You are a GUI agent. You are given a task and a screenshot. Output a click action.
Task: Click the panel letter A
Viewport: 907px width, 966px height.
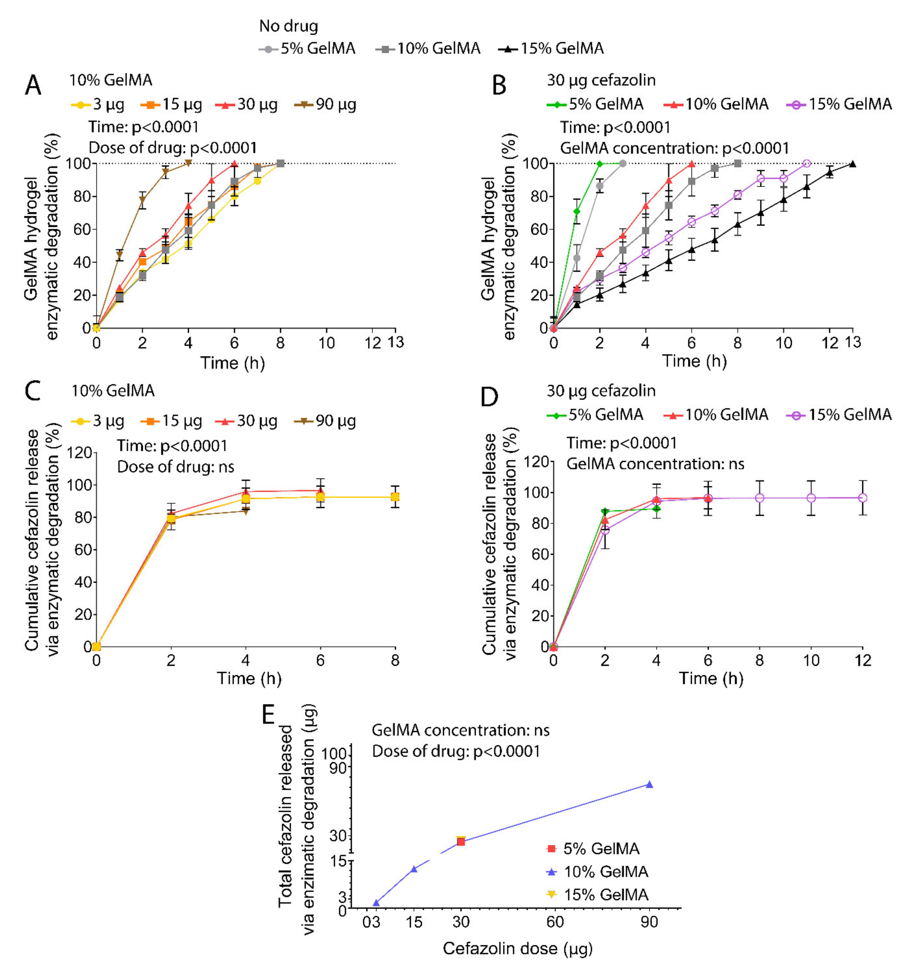33,86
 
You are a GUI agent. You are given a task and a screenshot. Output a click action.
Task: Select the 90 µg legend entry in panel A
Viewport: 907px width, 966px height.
326,104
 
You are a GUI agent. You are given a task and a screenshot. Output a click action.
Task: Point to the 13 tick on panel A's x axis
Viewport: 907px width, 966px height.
396,343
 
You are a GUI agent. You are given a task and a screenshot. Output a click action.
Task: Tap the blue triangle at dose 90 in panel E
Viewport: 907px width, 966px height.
649,784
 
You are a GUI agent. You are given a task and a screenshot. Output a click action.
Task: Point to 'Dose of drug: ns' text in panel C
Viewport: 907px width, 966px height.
175,467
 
